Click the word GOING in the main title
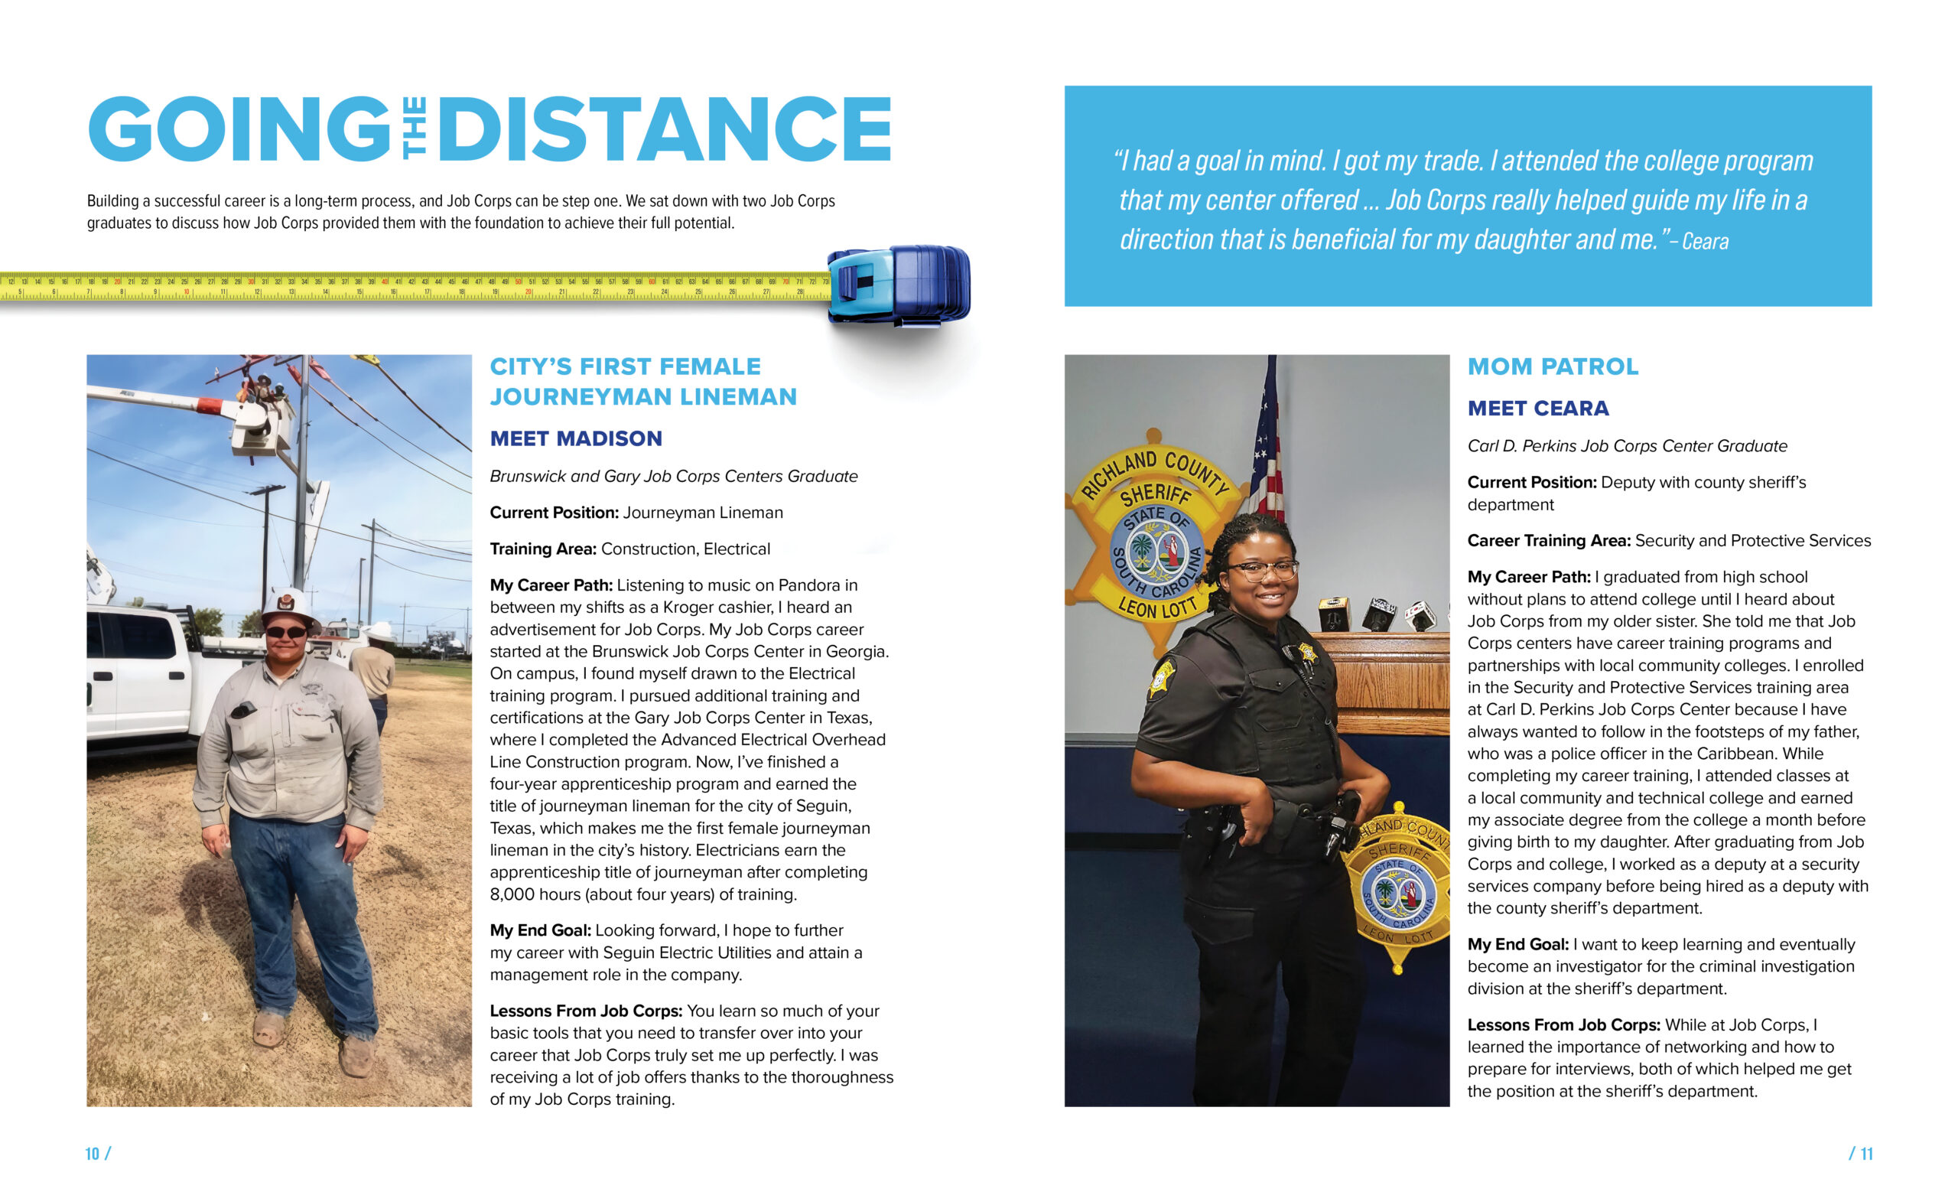point(239,129)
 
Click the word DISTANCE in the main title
point(665,129)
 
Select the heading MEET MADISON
point(575,438)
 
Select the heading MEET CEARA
point(1537,409)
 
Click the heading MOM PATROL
point(1553,366)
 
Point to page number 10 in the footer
point(93,1153)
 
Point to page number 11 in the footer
point(1865,1153)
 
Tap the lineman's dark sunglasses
point(286,633)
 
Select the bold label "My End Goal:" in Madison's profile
point(539,930)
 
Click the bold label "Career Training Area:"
point(1548,541)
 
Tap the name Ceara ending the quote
point(1705,242)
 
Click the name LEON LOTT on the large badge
point(1157,608)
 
